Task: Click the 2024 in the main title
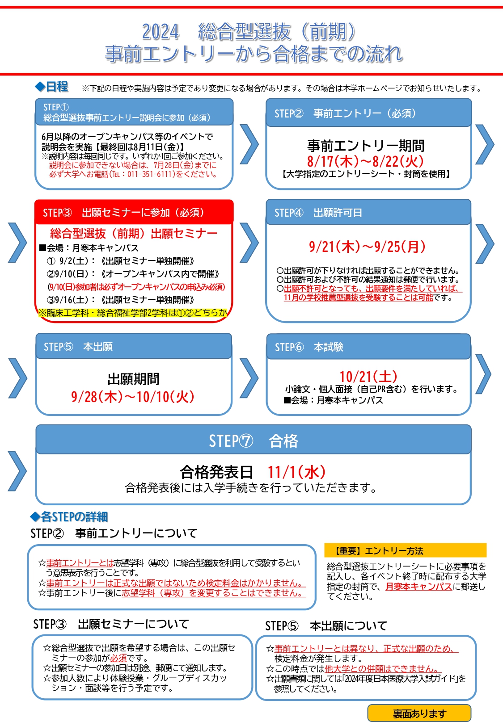[x=161, y=32]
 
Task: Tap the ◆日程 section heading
[x=51, y=87]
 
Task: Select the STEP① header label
[x=56, y=107]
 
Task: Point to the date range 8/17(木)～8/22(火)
[x=365, y=161]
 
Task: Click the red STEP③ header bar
[x=134, y=212]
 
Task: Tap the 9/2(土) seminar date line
[x=121, y=261]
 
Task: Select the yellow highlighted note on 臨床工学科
[x=133, y=313]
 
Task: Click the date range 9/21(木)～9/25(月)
[x=367, y=247]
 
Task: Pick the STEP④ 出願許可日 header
[x=318, y=213]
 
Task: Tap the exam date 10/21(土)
[x=368, y=377]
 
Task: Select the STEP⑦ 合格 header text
[x=253, y=441]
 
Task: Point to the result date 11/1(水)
[x=296, y=472]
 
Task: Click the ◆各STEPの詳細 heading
[x=69, y=516]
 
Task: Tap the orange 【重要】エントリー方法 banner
[x=406, y=550]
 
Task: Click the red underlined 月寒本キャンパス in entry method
[x=418, y=587]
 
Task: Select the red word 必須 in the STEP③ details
[x=118, y=658]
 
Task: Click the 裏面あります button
[x=419, y=713]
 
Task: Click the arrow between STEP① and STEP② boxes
[x=249, y=144]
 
